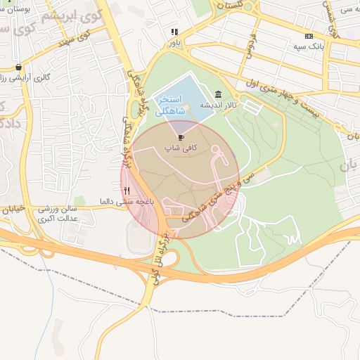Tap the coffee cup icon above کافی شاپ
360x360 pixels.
click(181, 138)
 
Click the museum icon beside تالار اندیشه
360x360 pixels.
click(218, 94)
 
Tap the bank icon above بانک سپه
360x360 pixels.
click(309, 36)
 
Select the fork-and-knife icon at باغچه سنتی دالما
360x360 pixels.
click(127, 190)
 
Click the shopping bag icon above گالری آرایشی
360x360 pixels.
click(18, 67)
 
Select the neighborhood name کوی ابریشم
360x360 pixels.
click(70, 16)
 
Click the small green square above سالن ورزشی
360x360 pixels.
click(79, 201)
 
